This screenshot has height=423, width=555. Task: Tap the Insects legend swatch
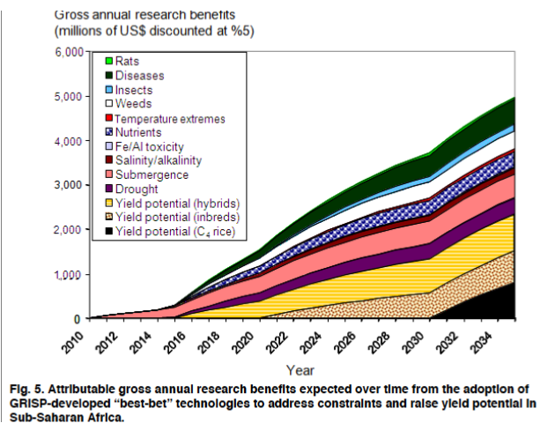click(107, 90)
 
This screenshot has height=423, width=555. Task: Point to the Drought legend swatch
click(107, 189)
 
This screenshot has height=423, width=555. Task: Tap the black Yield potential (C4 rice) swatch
click(107, 232)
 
